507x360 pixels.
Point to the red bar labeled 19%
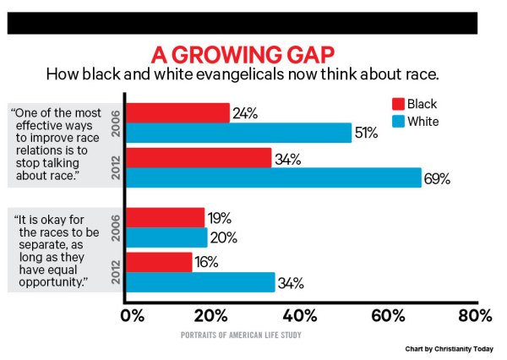(166, 217)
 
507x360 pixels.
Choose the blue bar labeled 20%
(167, 237)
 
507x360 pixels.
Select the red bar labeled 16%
(160, 262)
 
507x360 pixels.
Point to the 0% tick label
(135, 317)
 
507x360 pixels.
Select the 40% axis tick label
(300, 317)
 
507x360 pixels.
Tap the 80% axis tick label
(473, 317)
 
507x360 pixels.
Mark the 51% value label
(368, 133)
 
